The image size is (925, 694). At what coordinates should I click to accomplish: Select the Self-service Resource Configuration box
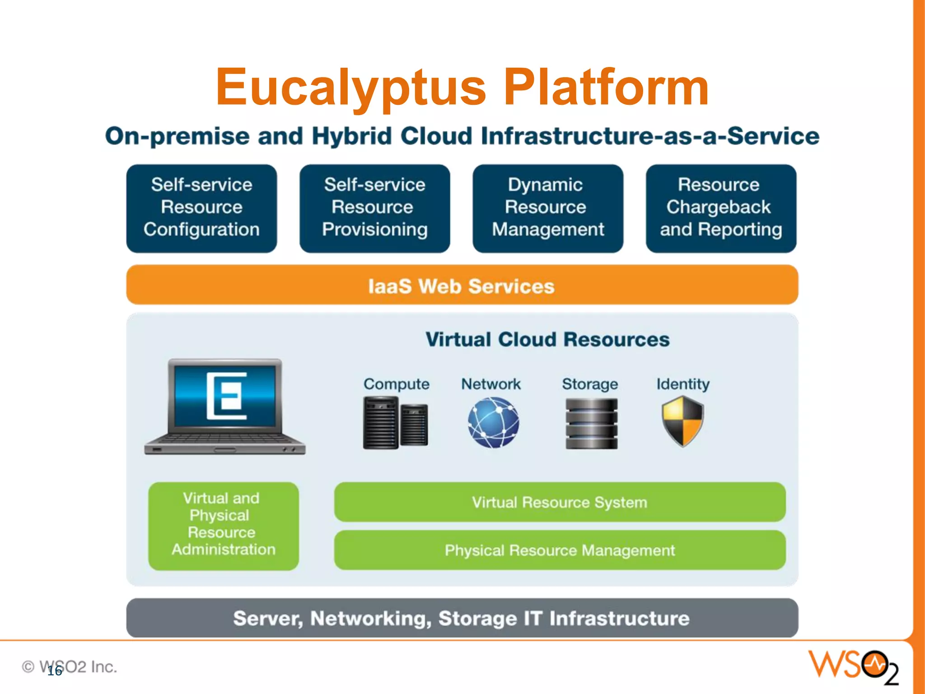coord(201,208)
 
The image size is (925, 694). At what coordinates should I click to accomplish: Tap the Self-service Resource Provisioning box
coord(374,208)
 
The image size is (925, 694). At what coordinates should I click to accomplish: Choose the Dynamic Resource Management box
coord(547,208)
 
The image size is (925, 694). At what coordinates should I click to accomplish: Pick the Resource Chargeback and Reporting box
coord(721,208)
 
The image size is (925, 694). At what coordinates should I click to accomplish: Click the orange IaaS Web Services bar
coord(462,285)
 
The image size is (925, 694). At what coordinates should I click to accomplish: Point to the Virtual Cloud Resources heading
coord(547,339)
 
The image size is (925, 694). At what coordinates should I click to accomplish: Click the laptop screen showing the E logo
coord(225,396)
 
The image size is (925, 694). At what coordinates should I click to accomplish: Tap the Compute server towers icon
coord(395,423)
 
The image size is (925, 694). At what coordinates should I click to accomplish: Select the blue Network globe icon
coord(493,422)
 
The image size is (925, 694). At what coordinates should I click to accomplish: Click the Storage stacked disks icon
coord(591,423)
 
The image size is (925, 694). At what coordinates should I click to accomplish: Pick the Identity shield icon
coord(682,421)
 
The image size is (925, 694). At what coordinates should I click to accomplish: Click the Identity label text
coord(682,384)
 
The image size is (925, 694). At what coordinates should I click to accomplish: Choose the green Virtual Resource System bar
coord(559,502)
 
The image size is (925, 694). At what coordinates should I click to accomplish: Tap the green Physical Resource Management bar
coord(559,550)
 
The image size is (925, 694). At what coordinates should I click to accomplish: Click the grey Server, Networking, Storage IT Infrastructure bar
coord(462,618)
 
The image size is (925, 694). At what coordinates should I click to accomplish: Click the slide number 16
coord(55,671)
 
